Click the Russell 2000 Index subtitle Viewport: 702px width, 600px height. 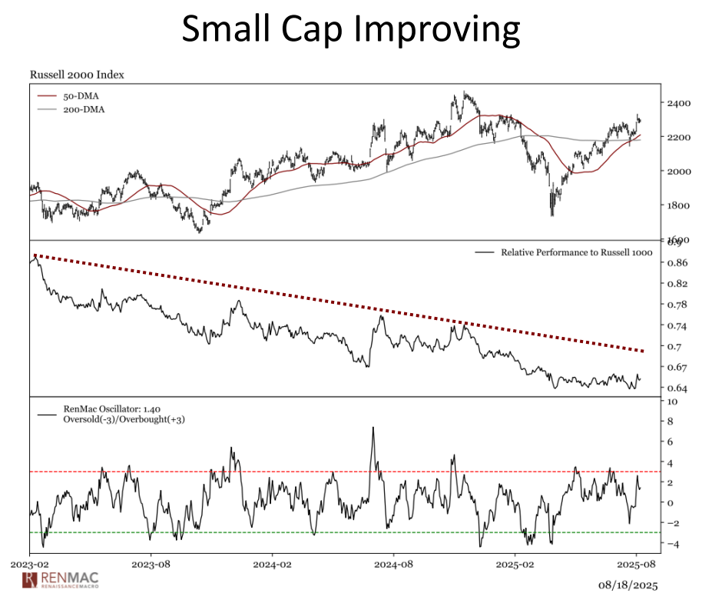77,75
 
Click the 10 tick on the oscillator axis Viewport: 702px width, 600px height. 673,402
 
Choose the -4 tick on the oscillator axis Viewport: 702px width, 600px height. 674,545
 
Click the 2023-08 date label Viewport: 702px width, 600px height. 151,565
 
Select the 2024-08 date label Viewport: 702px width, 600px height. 393,565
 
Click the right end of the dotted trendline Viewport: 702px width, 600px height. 642,351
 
